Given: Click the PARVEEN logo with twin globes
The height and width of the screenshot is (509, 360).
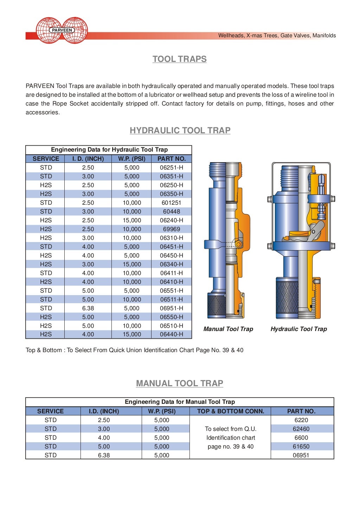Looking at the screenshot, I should pyautogui.click(x=62, y=31).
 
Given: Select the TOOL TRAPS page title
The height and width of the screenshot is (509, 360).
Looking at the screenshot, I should pyautogui.click(x=179, y=59).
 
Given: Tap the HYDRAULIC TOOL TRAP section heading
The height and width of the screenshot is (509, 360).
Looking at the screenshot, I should pyautogui.click(x=180, y=131).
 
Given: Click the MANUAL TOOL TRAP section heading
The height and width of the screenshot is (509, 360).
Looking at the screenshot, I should pyautogui.click(x=179, y=383).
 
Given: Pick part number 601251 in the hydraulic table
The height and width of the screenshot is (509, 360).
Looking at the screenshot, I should pyautogui.click(x=171, y=203).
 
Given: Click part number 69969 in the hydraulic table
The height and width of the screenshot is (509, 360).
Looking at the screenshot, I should pyautogui.click(x=171, y=229).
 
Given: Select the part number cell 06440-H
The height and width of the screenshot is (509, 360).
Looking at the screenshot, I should pyautogui.click(x=171, y=335).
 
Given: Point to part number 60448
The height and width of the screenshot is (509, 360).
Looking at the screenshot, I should pyautogui.click(x=171, y=212).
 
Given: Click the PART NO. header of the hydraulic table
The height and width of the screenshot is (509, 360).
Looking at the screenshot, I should pyautogui.click(x=171, y=159).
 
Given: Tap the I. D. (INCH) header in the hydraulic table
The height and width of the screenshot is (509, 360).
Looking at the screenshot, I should pyautogui.click(x=88, y=159).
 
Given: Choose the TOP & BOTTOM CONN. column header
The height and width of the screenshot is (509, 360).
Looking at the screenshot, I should pyautogui.click(x=230, y=411).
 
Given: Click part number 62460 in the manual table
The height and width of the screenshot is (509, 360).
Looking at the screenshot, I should pyautogui.click(x=301, y=429).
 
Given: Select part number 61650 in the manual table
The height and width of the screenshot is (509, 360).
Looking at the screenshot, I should pyautogui.click(x=301, y=447).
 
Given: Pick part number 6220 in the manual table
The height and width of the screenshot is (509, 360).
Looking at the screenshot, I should pyautogui.click(x=301, y=420).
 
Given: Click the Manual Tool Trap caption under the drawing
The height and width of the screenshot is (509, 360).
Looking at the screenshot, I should pyautogui.click(x=228, y=329).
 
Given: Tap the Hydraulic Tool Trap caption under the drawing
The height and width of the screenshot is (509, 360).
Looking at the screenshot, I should pyautogui.click(x=298, y=329).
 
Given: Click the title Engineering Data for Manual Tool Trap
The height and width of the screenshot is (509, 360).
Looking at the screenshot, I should pyautogui.click(x=180, y=402).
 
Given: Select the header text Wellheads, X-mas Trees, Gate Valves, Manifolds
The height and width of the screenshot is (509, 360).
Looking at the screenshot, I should pyautogui.click(x=277, y=36).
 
